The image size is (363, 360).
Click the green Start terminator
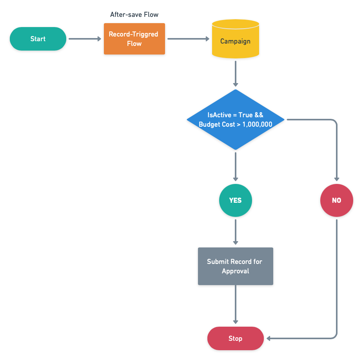click(38, 39)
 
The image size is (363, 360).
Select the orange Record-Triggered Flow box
click(134, 39)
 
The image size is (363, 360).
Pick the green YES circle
click(235, 200)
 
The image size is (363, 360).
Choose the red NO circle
click(336, 200)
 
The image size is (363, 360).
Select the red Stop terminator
click(235, 338)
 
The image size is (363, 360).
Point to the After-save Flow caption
click(134, 15)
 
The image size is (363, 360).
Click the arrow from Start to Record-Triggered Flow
click(85, 39)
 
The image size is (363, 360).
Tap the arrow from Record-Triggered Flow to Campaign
click(188, 39)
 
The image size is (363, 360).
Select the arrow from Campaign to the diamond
click(235, 73)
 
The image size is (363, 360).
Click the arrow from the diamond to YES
click(235, 167)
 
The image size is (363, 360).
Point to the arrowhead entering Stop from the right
click(269, 338)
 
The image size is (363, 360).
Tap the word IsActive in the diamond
click(220, 115)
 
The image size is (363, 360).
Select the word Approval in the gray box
click(235, 271)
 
